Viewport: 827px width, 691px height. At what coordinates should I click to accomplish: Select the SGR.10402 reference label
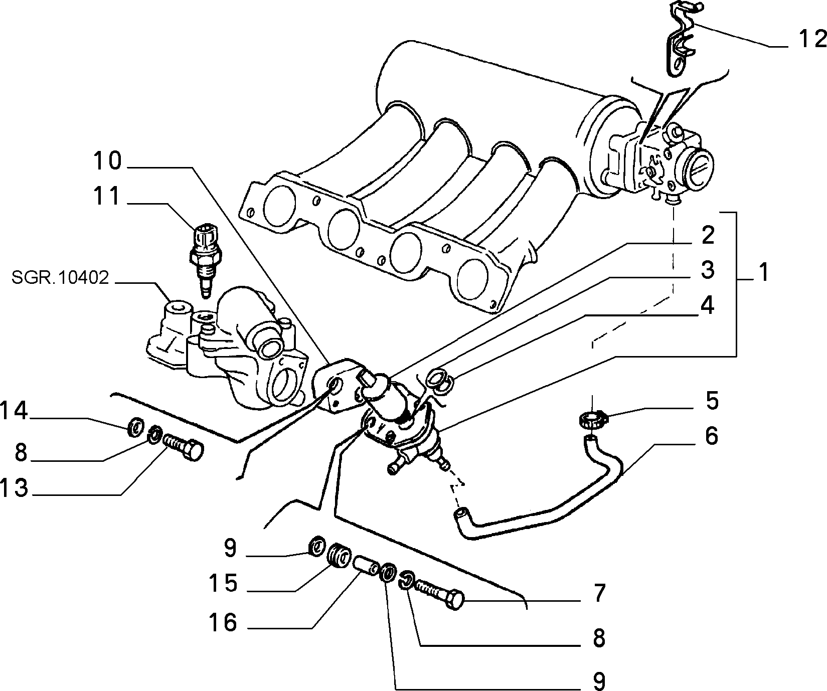(61, 278)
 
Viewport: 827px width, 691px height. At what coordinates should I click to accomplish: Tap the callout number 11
(107, 196)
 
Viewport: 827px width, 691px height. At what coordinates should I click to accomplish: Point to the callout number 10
(107, 161)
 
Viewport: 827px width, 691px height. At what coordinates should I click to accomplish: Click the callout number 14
(14, 411)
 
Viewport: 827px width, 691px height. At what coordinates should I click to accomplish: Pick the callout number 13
(14, 487)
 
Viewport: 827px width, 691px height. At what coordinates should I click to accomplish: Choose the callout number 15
(224, 584)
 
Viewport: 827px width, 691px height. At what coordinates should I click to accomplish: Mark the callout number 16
(224, 623)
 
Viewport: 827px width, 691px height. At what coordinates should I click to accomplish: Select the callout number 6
(711, 436)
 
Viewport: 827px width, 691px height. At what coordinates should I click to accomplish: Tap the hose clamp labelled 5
(592, 419)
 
